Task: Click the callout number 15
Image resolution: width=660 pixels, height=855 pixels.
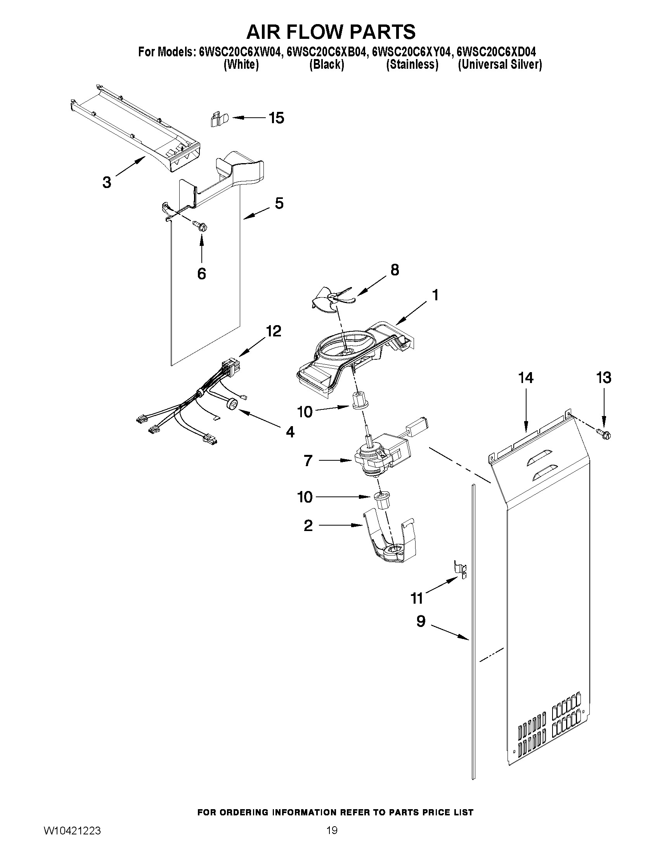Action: (276, 118)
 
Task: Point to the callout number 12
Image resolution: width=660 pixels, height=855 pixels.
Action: (273, 331)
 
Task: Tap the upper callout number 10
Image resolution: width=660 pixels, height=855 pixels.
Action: (305, 412)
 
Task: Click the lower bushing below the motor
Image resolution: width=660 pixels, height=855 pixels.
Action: (383, 501)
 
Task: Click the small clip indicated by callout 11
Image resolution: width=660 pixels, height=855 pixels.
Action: (460, 573)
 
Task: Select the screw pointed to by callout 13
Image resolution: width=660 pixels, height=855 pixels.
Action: (603, 434)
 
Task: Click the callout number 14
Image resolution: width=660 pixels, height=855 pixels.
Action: (525, 378)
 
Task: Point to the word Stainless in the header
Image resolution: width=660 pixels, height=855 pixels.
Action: (412, 65)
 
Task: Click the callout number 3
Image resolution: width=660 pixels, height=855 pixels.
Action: (107, 183)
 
